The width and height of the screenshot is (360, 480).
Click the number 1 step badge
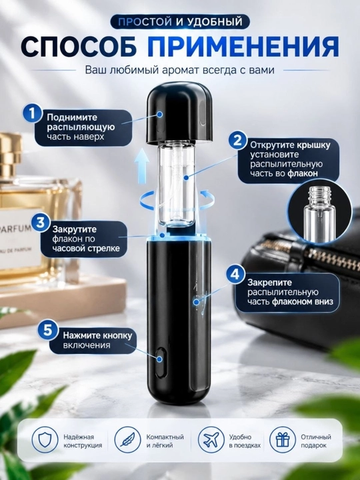[x=32, y=113]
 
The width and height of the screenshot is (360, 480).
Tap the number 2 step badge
[x=238, y=140]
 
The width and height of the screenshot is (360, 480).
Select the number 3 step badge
[x=41, y=223]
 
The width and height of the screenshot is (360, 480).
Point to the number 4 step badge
[x=235, y=274]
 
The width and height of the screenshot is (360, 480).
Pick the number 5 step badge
[x=48, y=331]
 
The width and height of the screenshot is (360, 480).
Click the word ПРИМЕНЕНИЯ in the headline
[x=243, y=47]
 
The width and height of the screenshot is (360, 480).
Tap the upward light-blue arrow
[x=142, y=166]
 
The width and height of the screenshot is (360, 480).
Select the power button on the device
[x=161, y=363]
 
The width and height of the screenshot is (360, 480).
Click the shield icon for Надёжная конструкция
[x=45, y=439]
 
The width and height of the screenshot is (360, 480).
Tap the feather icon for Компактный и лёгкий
[x=127, y=439]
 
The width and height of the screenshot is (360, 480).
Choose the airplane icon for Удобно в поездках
[x=211, y=439]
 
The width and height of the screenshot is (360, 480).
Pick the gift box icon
[x=283, y=439]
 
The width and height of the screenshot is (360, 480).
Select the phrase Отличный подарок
[x=315, y=441]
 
